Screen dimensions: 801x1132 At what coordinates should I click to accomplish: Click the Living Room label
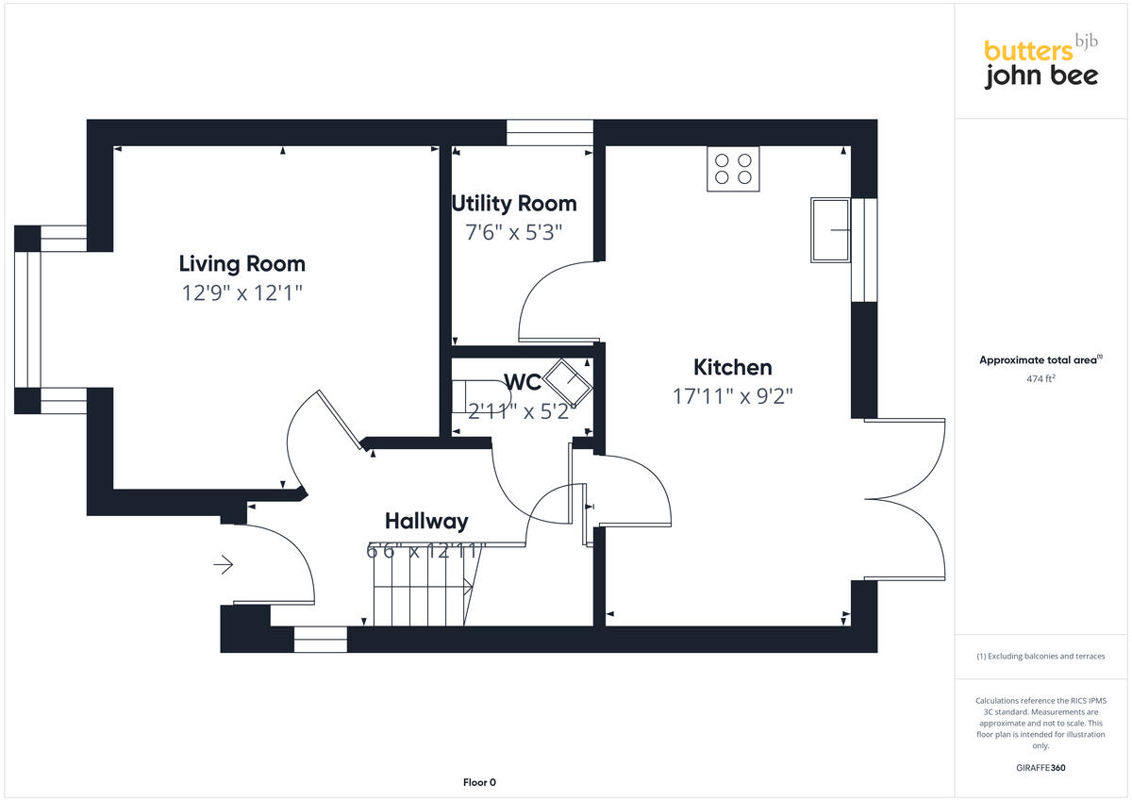click(x=241, y=263)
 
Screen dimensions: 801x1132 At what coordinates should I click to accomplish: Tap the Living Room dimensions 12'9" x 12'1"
click(x=241, y=293)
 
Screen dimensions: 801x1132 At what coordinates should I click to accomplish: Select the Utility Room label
click(x=513, y=203)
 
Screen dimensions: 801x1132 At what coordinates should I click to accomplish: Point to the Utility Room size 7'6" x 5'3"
click(x=513, y=232)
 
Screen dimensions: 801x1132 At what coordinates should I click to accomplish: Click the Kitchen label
click(x=732, y=367)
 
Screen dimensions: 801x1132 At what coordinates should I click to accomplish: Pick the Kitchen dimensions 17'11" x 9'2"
click(x=732, y=396)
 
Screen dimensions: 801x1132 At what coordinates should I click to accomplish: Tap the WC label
click(x=522, y=382)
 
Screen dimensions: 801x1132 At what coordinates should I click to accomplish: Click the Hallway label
click(x=425, y=521)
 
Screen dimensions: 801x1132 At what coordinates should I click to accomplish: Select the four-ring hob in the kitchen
click(x=733, y=169)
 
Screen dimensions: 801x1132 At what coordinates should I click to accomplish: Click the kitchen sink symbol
click(x=830, y=229)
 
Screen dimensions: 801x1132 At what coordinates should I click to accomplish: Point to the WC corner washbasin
click(x=570, y=381)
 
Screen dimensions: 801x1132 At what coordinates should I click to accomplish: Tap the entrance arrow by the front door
click(x=224, y=565)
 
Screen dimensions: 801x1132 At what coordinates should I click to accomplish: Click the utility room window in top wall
click(x=549, y=132)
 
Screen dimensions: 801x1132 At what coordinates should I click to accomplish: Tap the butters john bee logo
click(x=1040, y=63)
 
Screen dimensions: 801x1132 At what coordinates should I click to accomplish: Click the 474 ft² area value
click(x=1040, y=379)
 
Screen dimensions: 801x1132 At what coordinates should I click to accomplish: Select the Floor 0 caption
click(x=479, y=782)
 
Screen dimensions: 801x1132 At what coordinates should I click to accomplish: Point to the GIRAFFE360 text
click(x=1040, y=768)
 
